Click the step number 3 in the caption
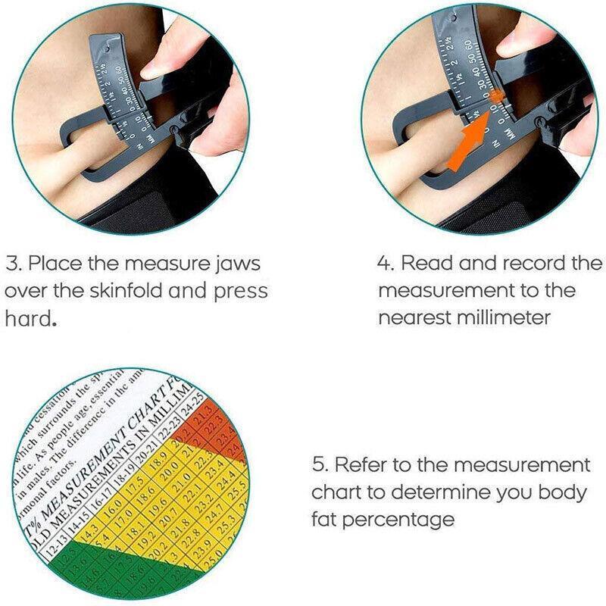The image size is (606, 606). coord(14,265)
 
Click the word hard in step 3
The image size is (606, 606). coord(29,319)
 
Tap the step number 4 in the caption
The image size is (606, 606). coord(385,264)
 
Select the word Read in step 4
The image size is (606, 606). coord(429,264)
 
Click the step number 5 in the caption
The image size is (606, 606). coord(319,464)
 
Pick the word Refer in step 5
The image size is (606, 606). coord(363,464)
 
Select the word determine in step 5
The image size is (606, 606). coord(447,492)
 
